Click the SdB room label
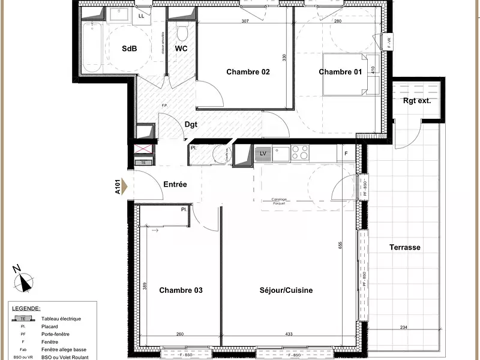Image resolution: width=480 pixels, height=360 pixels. tap(130, 48)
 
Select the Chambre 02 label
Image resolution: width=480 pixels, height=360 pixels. tap(248, 72)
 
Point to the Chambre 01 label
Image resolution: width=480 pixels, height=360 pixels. tap(340, 72)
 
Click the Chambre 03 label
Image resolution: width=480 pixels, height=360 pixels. tap(181, 290)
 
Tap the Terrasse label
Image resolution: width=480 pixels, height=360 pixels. tap(404, 247)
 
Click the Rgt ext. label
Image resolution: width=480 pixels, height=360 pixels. tap(416, 101)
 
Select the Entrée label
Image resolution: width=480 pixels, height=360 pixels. tap(175, 185)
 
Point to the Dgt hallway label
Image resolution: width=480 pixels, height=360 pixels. tap(191, 125)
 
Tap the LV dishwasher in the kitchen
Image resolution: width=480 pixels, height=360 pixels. tap(262, 154)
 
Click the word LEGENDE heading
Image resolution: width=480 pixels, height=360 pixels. tap(26, 308)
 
